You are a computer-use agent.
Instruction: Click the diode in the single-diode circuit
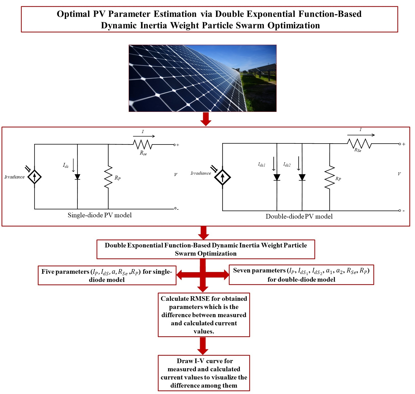(77, 177)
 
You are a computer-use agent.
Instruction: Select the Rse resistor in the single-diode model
(143, 145)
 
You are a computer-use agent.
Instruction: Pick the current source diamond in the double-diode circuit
(222, 177)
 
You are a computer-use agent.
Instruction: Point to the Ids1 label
(262, 165)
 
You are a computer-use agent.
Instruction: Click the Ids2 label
(287, 165)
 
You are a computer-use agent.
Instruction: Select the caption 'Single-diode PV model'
(100, 215)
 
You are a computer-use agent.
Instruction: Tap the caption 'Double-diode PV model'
(299, 217)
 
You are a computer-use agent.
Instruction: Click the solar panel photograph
(203, 78)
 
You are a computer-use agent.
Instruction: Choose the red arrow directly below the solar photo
(206, 119)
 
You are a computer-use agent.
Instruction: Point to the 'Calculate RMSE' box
(204, 315)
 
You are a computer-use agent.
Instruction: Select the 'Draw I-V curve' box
(204, 373)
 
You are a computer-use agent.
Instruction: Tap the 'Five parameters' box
(107, 276)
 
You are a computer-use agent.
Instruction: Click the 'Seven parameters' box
(301, 275)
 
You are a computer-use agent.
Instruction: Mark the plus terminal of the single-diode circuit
(175, 145)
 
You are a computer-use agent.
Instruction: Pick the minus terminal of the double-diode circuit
(400, 211)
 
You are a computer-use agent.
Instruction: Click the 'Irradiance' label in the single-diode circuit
(15, 177)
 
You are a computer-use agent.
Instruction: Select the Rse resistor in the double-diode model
(359, 144)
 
